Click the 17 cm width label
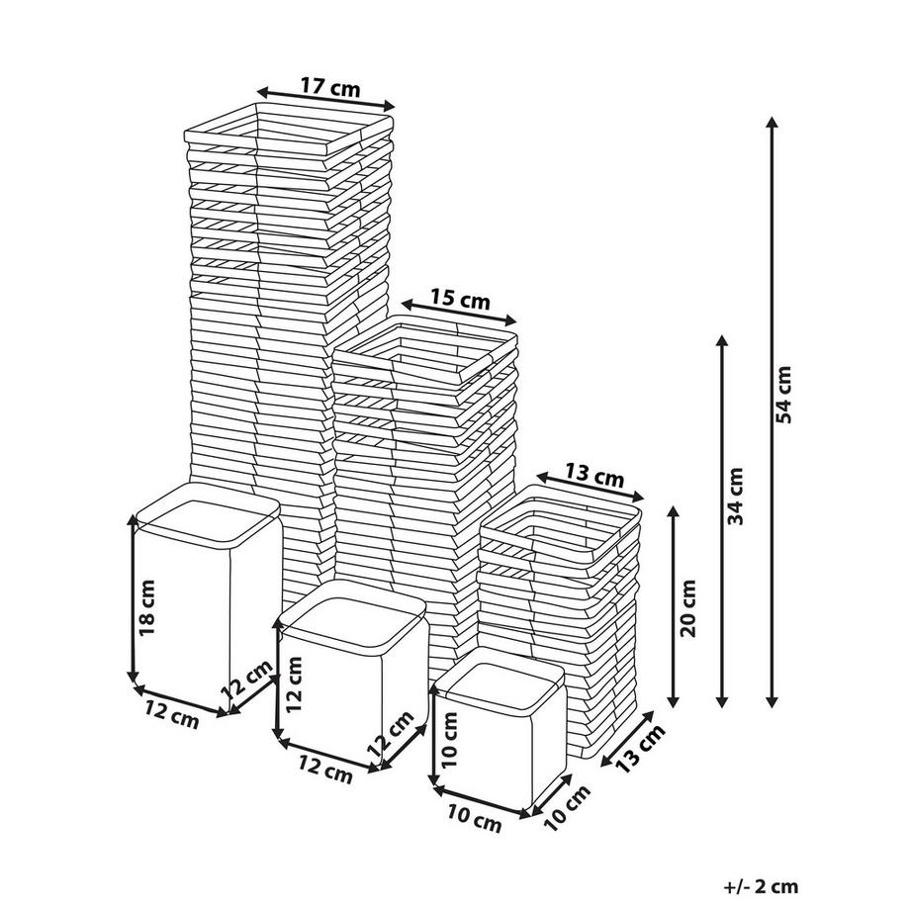pos(330,87)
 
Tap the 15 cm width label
pos(460,300)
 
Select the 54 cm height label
pos(784,395)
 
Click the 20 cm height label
pos(687,607)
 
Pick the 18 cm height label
pos(146,607)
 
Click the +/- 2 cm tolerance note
pos(761,887)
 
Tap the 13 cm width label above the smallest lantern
pos(594,477)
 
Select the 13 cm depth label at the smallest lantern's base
pos(640,749)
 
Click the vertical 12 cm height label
pos(294,684)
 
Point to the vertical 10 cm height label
pos(449,740)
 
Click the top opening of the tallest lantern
pos(289,131)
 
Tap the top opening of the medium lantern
pos(425,351)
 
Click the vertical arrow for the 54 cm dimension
pos(772,412)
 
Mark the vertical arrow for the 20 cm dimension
pos(674,607)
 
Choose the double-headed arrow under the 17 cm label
pos(326,99)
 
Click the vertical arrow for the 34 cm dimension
pos(722,521)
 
